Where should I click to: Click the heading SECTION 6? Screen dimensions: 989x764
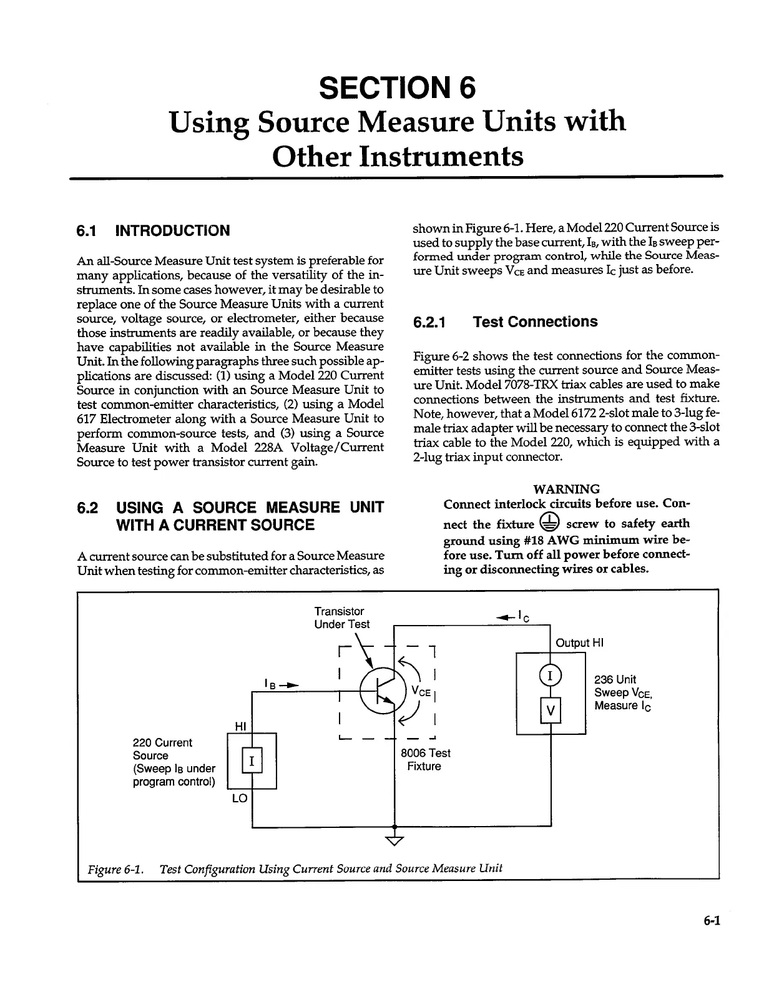coord(397,87)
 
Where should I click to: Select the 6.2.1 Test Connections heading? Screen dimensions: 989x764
coord(505,322)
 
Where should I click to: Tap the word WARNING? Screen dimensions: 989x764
coord(567,489)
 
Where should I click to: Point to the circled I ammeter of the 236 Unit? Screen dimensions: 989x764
coord(551,676)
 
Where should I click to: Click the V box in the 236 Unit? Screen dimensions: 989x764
coord(551,710)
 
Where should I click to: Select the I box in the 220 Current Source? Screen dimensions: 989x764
coord(252,760)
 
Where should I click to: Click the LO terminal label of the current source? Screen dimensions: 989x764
coord(240,799)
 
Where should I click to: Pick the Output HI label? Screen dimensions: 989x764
coord(579,643)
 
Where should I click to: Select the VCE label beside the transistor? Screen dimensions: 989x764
coord(421,691)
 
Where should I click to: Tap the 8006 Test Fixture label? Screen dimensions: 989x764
coord(424,759)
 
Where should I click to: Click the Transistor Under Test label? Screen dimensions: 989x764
coord(341,618)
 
